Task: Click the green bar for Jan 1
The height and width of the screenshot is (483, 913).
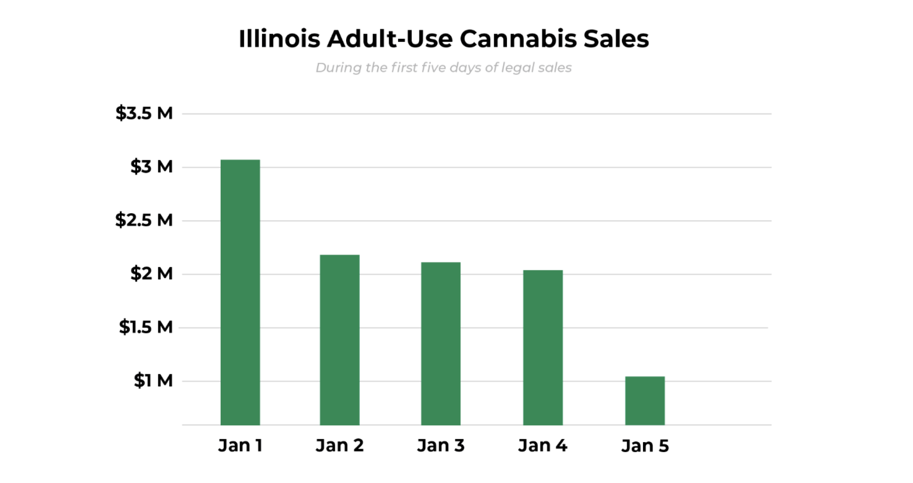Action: click(x=240, y=292)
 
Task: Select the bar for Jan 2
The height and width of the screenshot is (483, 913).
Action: click(x=339, y=340)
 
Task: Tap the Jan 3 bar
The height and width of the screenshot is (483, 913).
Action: click(x=440, y=343)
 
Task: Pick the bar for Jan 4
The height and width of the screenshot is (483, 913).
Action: click(x=543, y=347)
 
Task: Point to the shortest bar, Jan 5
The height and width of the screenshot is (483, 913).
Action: click(x=645, y=401)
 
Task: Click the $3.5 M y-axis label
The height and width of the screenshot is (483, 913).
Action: click(x=144, y=113)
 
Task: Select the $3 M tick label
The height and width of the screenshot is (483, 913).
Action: click(x=151, y=166)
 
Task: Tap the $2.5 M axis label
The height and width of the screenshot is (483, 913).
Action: click(x=144, y=219)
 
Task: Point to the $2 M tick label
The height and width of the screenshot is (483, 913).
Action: click(x=151, y=273)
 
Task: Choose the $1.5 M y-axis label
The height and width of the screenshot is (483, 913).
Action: click(x=146, y=327)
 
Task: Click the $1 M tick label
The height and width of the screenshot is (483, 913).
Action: click(x=153, y=380)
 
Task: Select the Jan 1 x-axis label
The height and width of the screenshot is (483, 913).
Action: click(x=240, y=445)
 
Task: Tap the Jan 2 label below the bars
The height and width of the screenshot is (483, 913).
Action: click(x=339, y=445)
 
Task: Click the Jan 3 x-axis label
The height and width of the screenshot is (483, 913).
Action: click(x=440, y=445)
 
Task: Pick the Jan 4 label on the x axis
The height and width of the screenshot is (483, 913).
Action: click(x=543, y=445)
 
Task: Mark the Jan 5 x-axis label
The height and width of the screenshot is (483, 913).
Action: click(x=645, y=446)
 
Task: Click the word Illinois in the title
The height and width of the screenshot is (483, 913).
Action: click(x=279, y=39)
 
